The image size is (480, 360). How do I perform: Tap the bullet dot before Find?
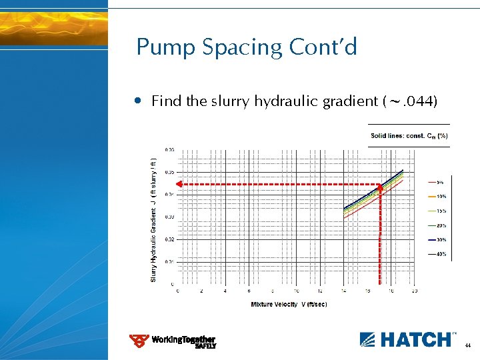point(137,101)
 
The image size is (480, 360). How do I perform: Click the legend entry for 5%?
point(440,181)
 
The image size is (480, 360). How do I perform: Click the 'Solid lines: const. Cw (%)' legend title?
point(409,136)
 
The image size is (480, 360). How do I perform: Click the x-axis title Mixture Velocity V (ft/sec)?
point(289,304)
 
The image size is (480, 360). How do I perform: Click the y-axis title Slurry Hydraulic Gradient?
point(153,220)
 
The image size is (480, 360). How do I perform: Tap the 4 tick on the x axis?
point(225,291)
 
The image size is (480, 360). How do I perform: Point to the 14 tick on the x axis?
point(343,291)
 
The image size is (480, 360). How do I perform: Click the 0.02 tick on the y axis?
point(169,239)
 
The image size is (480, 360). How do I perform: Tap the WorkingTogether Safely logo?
point(173,341)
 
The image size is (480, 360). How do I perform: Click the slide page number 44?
point(468,346)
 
